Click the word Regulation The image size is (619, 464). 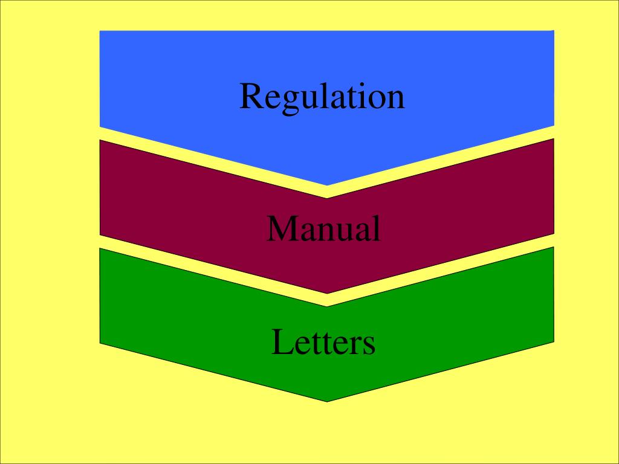(322, 97)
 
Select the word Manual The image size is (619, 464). (323, 229)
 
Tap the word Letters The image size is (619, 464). (323, 342)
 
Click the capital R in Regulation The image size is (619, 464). (251, 97)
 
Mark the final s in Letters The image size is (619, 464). (369, 345)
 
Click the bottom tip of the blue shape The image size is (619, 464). (327, 185)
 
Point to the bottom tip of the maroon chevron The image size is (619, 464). (327, 294)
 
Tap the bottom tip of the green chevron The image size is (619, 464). (327, 401)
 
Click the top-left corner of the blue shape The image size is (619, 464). (100, 31)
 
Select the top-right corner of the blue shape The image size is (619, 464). (554, 31)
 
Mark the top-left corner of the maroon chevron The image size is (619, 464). (100, 140)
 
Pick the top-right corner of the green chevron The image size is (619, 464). (554, 248)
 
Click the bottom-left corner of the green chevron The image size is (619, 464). (100, 343)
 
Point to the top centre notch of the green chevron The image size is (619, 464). (327, 306)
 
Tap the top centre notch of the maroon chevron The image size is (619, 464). (327, 198)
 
